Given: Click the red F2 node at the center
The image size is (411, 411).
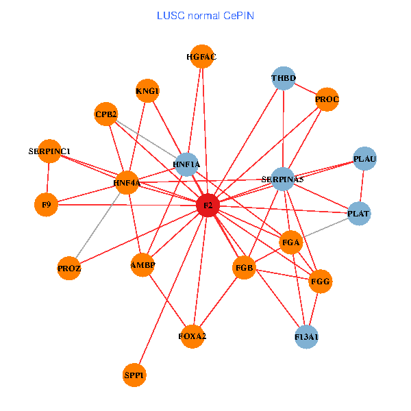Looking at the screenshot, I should click(x=207, y=206).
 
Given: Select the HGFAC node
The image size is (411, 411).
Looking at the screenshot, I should click(x=201, y=57).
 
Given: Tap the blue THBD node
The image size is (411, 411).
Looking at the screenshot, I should click(x=283, y=78).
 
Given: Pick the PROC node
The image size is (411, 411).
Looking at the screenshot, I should click(x=327, y=100).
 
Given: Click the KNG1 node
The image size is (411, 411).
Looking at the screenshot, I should click(x=147, y=91).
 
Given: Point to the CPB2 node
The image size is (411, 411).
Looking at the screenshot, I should click(x=106, y=114).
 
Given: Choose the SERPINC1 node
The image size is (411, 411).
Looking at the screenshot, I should click(x=49, y=151).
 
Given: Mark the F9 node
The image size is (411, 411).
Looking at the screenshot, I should click(x=46, y=204).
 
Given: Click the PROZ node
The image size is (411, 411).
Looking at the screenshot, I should click(x=69, y=269).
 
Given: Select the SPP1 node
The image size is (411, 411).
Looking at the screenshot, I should click(x=135, y=375).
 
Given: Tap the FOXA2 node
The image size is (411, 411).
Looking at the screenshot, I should click(x=192, y=336).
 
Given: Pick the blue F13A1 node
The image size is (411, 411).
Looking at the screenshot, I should click(x=306, y=336).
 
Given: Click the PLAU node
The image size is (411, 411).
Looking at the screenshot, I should click(x=364, y=159).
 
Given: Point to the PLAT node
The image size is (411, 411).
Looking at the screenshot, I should click(x=358, y=214).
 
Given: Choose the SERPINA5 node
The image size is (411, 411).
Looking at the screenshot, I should click(x=283, y=179).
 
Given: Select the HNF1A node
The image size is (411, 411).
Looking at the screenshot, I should click(x=186, y=164).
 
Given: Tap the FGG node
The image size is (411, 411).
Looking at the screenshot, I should click(x=320, y=282).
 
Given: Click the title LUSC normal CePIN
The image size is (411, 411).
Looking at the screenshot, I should click(x=206, y=14).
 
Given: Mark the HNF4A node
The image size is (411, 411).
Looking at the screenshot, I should click(x=127, y=183).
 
